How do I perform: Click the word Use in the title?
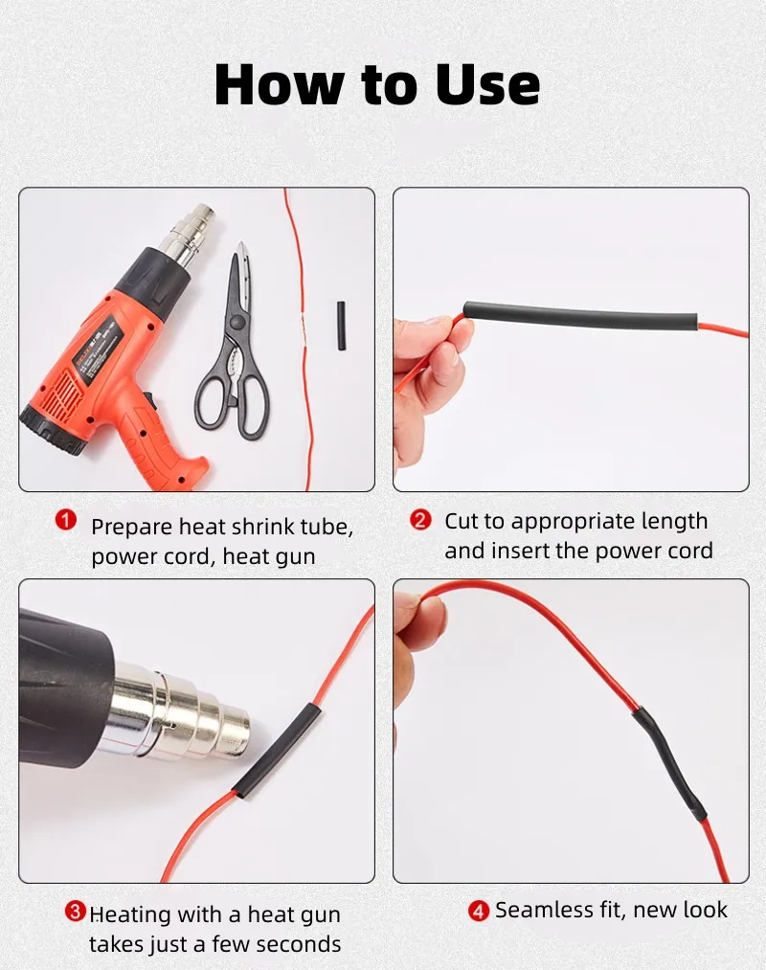pyautogui.click(x=487, y=84)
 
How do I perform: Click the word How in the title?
pyautogui.click(x=279, y=84)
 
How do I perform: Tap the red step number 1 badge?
pyautogui.click(x=65, y=520)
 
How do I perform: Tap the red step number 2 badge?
pyautogui.click(x=420, y=520)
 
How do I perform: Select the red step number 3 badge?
pyautogui.click(x=75, y=911)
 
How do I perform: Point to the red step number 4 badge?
pyautogui.click(x=479, y=911)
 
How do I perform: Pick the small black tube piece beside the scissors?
pyautogui.click(x=341, y=327)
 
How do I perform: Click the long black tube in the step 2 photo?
pyautogui.click(x=580, y=315)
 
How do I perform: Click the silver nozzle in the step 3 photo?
pyautogui.click(x=179, y=714)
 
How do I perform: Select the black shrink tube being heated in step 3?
pyautogui.click(x=277, y=753)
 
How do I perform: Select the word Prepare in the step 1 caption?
pyautogui.click(x=132, y=527)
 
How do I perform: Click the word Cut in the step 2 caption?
pyautogui.click(x=462, y=521)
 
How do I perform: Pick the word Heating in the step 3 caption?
pyautogui.click(x=130, y=915)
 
